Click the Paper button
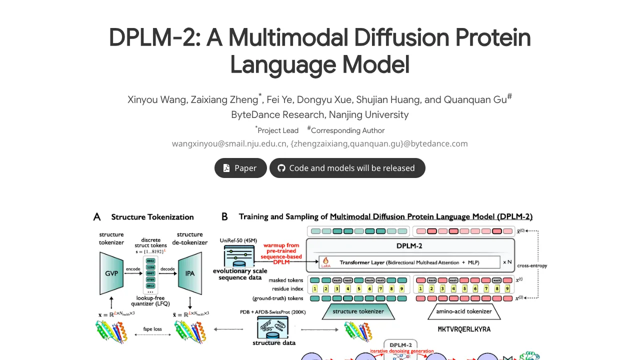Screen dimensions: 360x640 tap(240, 168)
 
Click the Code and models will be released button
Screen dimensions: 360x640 tap(347, 168)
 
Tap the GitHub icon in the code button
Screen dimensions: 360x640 tap(281, 168)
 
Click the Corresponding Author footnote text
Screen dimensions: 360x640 tap(347, 130)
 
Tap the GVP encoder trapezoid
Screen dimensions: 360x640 tap(111, 273)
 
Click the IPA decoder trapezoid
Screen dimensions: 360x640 tap(190, 273)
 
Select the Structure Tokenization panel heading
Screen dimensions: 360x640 tap(152, 216)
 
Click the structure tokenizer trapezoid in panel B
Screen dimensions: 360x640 tap(358, 311)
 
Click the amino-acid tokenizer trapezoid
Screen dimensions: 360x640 tap(464, 311)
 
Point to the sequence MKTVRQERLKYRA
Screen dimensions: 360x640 tap(464, 329)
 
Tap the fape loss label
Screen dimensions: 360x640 tap(152, 329)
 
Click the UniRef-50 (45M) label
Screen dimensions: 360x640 tap(238, 240)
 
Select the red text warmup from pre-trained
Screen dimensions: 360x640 tap(281, 248)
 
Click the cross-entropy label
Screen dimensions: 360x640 tap(532, 265)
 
